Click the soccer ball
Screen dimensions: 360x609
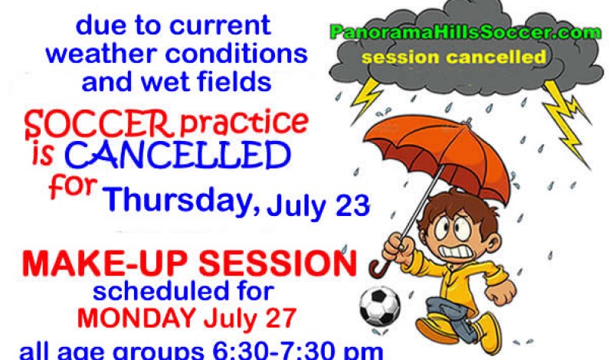(x=379, y=306)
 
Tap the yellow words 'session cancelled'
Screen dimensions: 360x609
(x=454, y=57)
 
